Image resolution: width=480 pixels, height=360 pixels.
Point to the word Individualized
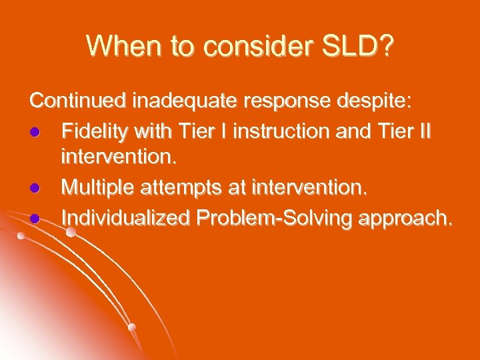[125, 217]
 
